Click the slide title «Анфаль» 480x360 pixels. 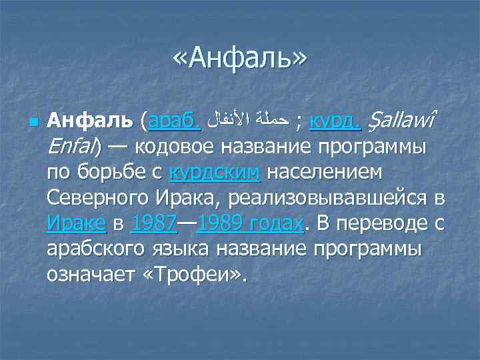pyautogui.click(x=240, y=61)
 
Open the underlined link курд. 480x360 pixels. pyautogui.click(x=335, y=122)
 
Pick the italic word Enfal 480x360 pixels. pyautogui.click(x=69, y=147)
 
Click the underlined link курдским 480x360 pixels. pyautogui.click(x=215, y=173)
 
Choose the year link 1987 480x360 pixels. pyautogui.click(x=153, y=223)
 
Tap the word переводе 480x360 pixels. pyautogui.click(x=389, y=223)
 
